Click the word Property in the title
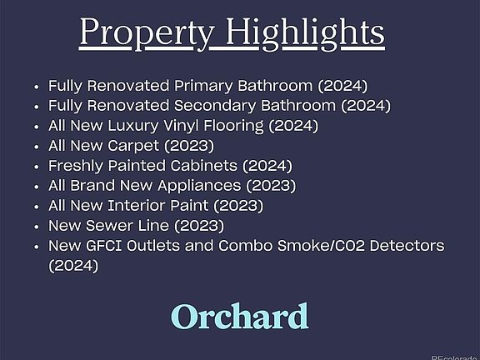tap(147, 32)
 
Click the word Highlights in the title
tap(305, 32)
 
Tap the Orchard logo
tap(239, 316)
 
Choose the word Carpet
tap(133, 146)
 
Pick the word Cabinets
tap(203, 166)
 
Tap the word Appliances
tap(199, 186)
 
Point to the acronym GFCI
tap(104, 246)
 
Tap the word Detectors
tap(407, 246)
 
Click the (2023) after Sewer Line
tap(199, 226)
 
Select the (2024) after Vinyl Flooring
tap(293, 126)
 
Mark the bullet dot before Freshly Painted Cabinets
tap(37, 167)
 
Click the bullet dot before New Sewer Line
tap(37, 227)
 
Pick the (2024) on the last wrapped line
tap(73, 266)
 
